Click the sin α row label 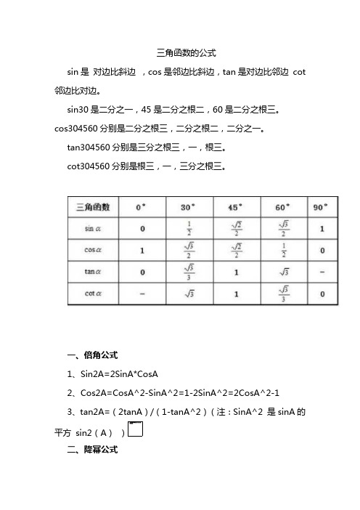tap(93, 230)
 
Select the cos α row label tap(93, 251)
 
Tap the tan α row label tap(93, 273)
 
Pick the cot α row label tap(93, 295)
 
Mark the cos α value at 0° tap(142, 251)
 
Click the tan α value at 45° tap(236, 273)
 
